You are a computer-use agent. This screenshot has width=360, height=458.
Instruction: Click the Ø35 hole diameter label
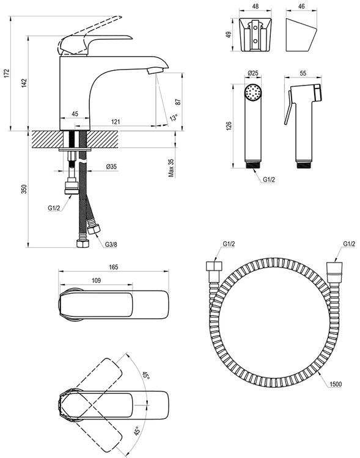(112, 165)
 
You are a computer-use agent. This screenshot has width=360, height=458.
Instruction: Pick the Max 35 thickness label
(172, 168)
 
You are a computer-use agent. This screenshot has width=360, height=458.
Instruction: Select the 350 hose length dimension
(24, 190)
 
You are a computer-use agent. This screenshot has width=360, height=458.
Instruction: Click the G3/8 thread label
(111, 245)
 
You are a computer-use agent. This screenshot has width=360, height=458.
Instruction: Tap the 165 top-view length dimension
(112, 267)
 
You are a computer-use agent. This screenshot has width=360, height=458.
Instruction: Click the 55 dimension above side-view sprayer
(304, 73)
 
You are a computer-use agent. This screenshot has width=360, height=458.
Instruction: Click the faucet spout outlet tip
(153, 71)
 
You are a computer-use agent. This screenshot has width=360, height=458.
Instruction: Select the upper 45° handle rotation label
(145, 376)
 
